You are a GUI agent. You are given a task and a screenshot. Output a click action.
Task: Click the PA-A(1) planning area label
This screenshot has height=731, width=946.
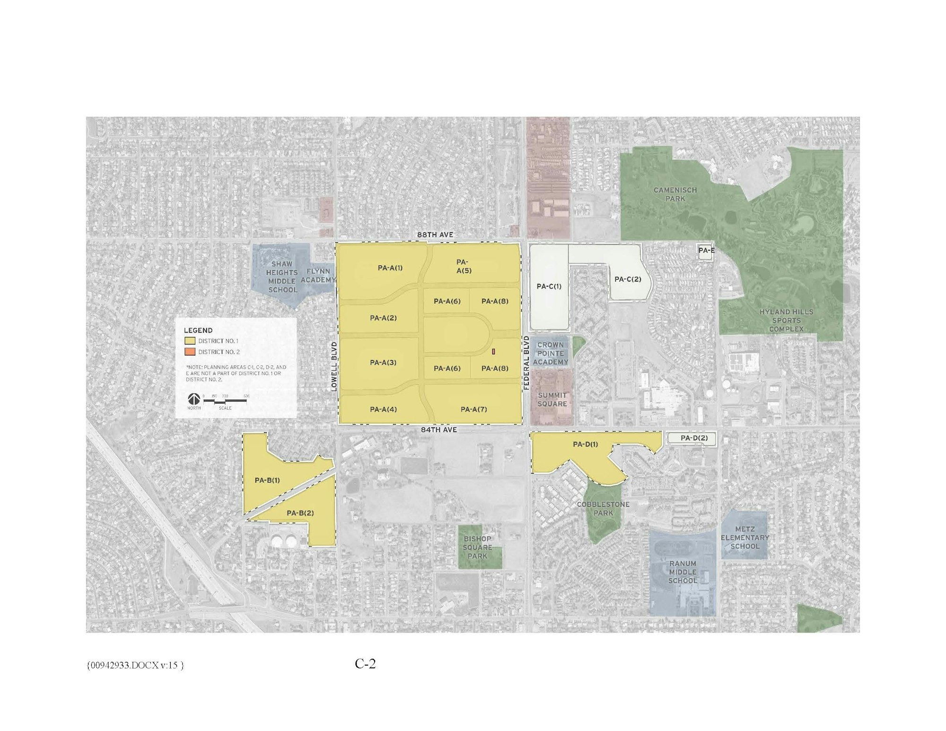point(390,268)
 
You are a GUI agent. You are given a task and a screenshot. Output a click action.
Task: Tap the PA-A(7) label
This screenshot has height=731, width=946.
point(473,409)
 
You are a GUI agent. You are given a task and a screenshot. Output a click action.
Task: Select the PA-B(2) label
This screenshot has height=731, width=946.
point(300,513)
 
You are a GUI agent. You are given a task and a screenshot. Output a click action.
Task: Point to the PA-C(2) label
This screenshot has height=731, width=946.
point(628,279)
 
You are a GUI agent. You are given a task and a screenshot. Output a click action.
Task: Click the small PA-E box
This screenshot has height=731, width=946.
point(706,250)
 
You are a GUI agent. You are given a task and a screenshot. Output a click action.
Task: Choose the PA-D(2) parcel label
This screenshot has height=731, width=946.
point(694,438)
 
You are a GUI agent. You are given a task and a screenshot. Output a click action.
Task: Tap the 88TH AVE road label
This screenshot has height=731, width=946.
point(435,235)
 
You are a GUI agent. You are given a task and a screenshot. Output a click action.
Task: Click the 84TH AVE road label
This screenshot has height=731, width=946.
point(439,430)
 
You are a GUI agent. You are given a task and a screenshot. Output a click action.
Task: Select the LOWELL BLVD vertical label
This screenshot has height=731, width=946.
point(334,367)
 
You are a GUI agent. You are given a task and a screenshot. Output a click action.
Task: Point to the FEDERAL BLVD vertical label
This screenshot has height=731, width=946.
point(526,363)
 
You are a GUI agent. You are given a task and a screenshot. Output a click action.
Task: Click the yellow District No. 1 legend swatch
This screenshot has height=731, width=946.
point(190,341)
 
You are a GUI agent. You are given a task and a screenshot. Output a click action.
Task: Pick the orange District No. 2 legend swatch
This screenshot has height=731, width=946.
point(190,352)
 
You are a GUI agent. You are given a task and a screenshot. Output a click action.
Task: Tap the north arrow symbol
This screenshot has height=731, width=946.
point(193,399)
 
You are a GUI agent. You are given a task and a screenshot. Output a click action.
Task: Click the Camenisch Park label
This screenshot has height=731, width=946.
point(675,194)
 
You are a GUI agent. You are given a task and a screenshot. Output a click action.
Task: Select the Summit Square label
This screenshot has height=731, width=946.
point(552,399)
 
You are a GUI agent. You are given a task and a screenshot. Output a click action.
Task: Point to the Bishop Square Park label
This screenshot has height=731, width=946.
point(477,547)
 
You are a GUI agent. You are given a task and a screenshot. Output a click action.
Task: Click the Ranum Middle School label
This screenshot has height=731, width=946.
point(683,572)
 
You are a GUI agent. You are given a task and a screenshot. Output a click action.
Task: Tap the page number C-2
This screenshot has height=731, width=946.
point(365,664)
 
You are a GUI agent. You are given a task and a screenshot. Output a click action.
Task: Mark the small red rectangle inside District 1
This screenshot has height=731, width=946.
point(493,352)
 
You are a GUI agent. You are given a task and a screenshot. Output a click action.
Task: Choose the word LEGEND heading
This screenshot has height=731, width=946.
point(198,330)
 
